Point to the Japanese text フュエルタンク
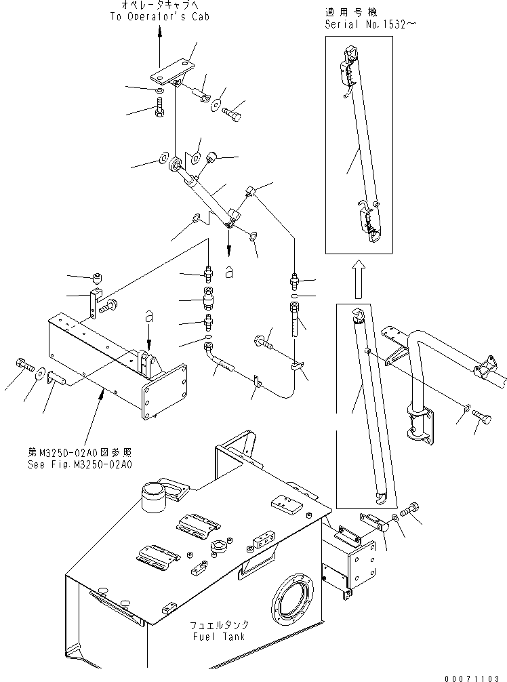coord(216,625)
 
